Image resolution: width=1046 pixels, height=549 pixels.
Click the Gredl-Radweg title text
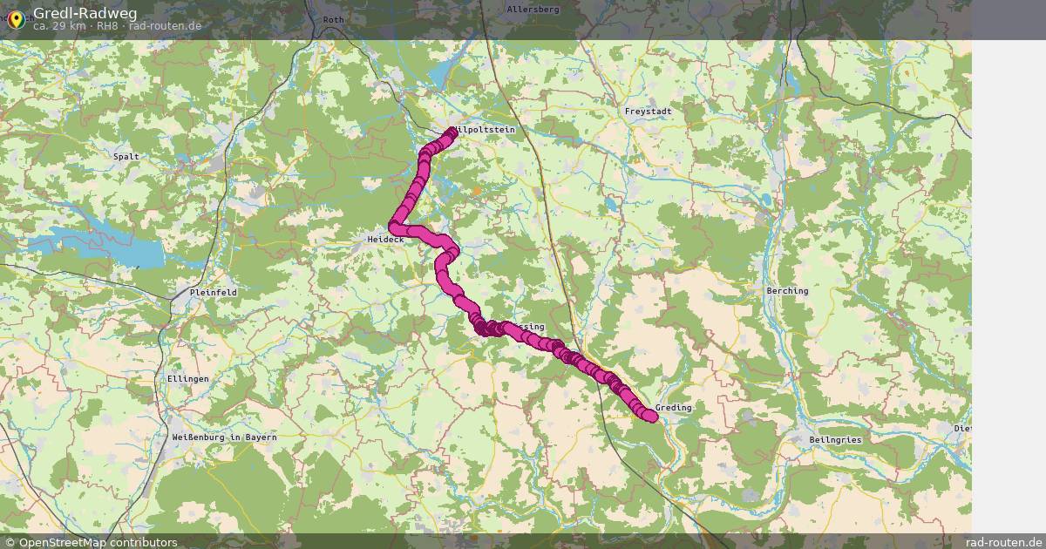coord(78,12)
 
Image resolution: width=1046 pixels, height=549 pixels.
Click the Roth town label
coord(333,19)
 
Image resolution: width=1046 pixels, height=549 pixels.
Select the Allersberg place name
coord(533,9)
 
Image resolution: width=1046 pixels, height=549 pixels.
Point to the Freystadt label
coord(648,112)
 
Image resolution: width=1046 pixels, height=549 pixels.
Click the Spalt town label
coord(126,157)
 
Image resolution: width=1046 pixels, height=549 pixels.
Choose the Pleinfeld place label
coord(213,292)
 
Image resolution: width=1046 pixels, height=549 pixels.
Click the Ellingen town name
coord(187,379)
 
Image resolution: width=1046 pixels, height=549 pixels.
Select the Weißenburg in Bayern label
coord(224,437)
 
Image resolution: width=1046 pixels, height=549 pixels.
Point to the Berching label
coord(787,290)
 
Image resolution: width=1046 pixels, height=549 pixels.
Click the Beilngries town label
coord(835,440)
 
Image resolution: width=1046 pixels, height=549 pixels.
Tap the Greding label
coord(674,407)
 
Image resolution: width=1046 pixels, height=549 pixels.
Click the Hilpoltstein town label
coord(484,130)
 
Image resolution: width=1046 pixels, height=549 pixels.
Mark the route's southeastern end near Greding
coord(650,417)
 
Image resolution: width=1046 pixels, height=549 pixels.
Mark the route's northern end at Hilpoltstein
coord(452,132)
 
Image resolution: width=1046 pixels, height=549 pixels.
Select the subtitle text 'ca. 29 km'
coord(59,26)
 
